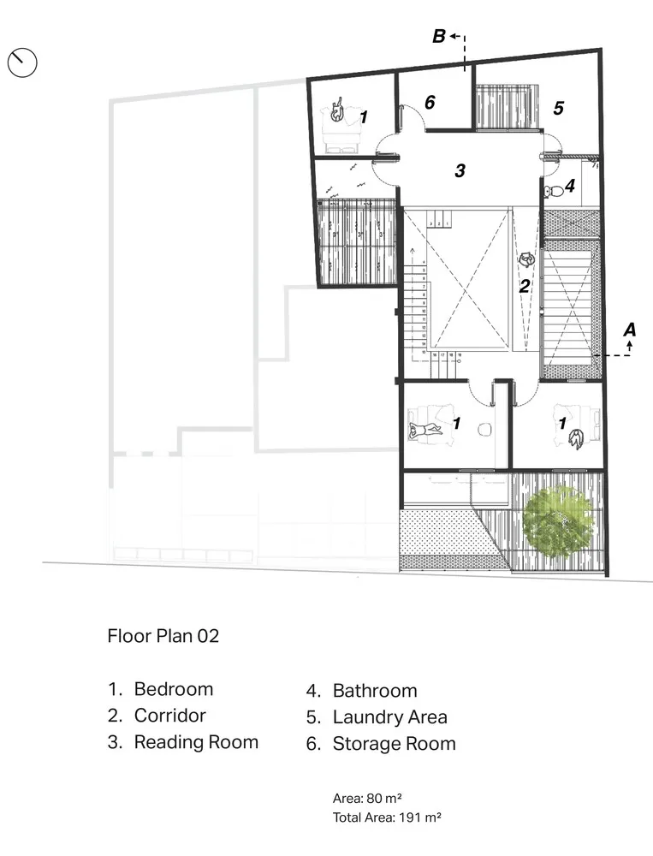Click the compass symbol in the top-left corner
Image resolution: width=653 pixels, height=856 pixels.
[22, 62]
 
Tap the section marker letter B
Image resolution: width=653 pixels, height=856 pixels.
[439, 36]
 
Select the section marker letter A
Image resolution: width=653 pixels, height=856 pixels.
[630, 328]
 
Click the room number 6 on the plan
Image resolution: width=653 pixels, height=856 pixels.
[430, 103]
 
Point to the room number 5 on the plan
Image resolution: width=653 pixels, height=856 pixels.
[558, 108]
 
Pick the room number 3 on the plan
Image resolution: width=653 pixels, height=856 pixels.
[460, 170]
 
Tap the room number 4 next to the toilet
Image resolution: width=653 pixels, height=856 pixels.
[570, 184]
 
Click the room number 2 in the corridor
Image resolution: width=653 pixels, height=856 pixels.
[525, 286]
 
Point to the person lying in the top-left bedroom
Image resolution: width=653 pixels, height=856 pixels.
[337, 110]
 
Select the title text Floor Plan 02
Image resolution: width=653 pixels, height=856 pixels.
[163, 636]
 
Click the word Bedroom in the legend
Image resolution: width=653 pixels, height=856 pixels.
[174, 689]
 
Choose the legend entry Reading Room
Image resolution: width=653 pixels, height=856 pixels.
[196, 741]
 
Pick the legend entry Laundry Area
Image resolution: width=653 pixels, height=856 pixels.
[389, 717]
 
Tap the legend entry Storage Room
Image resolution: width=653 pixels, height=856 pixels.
[394, 744]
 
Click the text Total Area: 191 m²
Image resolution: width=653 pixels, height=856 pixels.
[387, 817]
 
